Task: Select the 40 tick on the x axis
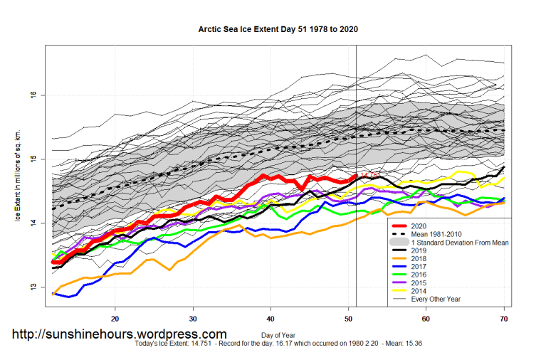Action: coord(270,319)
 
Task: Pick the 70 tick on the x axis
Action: coord(504,319)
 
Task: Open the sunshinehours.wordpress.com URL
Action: coord(120,334)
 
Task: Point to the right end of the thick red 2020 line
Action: coord(355,175)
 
